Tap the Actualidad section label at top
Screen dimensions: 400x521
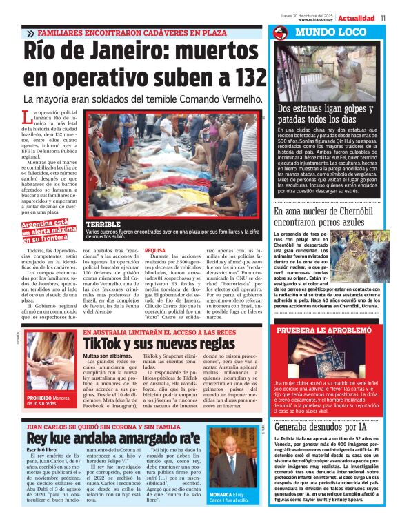[357, 17]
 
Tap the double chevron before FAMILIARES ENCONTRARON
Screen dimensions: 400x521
[30, 32]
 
